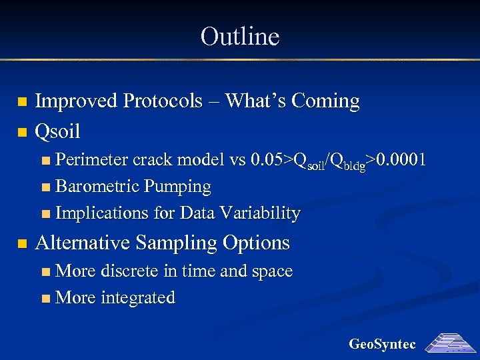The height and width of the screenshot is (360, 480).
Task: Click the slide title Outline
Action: [x=239, y=36]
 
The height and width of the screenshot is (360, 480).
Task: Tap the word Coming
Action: [x=325, y=101]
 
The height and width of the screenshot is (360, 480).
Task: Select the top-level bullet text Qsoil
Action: [x=57, y=132]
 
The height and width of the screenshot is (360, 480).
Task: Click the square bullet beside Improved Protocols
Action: [x=22, y=102]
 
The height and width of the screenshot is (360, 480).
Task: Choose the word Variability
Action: [x=263, y=213]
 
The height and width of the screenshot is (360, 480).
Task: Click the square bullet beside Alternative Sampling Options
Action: [x=22, y=243]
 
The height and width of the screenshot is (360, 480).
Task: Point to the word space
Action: [x=271, y=271]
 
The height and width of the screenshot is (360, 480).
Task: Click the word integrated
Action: [x=137, y=298]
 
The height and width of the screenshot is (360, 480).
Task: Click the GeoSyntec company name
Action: [x=383, y=344]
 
